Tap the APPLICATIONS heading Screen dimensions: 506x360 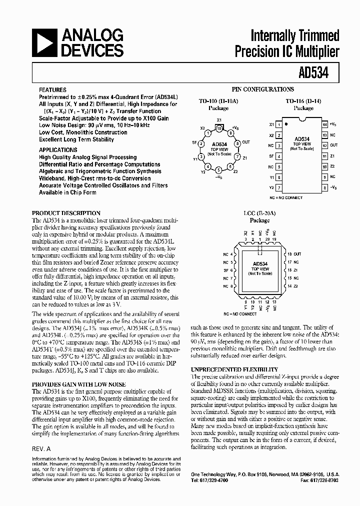click(x=58, y=149)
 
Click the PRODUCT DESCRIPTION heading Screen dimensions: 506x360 click(x=66, y=213)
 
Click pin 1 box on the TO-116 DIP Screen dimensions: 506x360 click(x=279, y=124)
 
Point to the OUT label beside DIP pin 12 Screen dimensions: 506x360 click(x=333, y=145)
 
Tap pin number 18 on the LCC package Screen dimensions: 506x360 click(x=289, y=254)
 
